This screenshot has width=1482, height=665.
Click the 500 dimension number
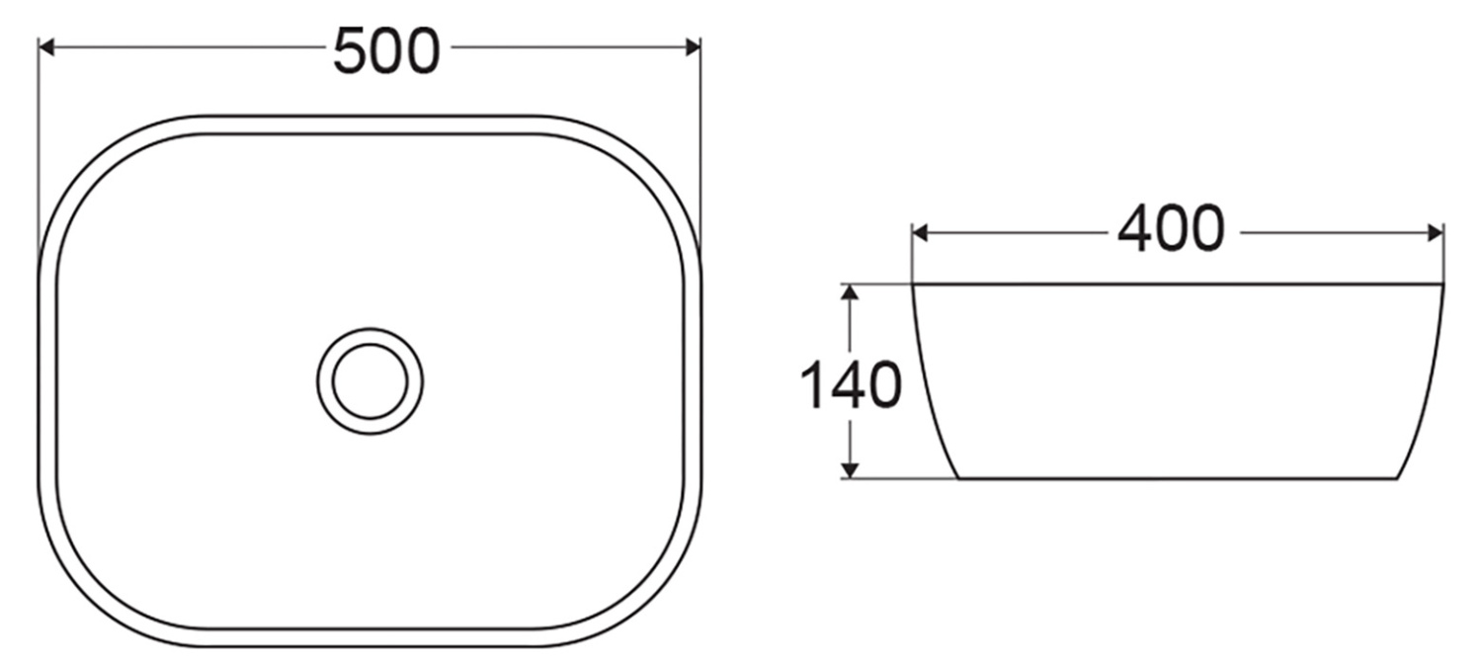(385, 51)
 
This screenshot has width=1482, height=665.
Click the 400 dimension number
(1171, 230)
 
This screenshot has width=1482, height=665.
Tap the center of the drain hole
(370, 380)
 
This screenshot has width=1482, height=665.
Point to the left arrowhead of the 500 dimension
(45, 46)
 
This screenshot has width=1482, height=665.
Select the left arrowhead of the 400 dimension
(920, 233)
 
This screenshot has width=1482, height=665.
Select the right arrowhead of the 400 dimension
(1436, 233)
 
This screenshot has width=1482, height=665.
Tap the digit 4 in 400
(1135, 230)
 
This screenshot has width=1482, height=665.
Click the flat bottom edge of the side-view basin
(1176, 478)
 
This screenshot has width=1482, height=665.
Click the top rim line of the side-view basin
(1176, 284)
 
